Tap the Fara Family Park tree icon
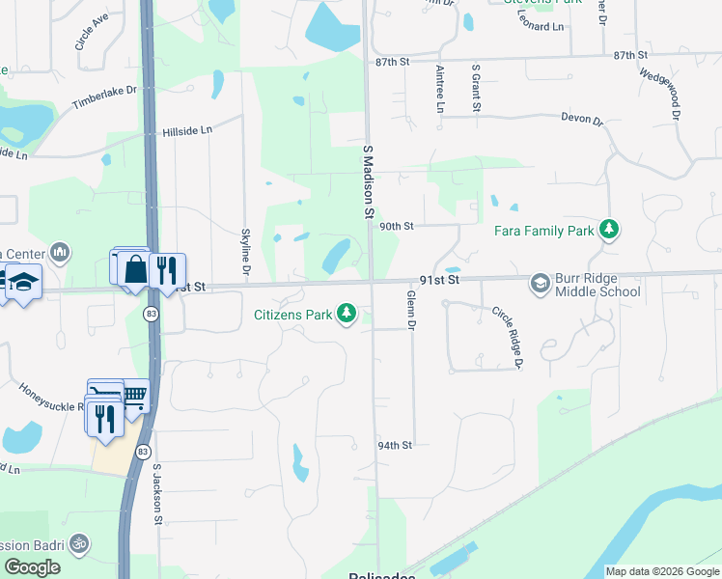pos(609,230)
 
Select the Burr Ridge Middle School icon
pos(540,283)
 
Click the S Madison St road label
pos(368,181)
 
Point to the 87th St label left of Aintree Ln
pos(393,62)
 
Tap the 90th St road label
pos(396,227)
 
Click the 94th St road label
pos(395,446)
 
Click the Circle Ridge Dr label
pos(507,337)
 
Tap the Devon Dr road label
pos(582,121)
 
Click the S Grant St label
pos(476,89)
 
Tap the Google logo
pos(32,568)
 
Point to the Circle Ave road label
pos(92,32)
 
